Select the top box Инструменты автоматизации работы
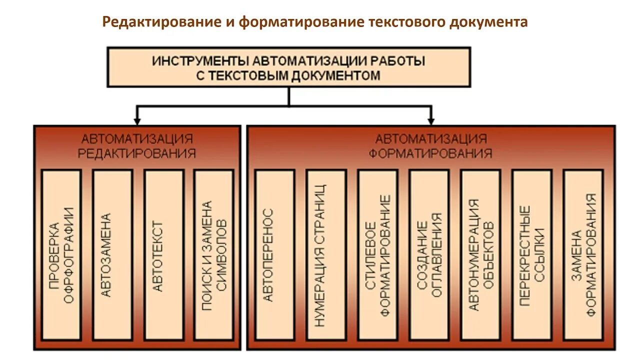[288, 67]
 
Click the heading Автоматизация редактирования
[136, 145]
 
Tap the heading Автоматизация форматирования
[430, 145]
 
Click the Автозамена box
[112, 255]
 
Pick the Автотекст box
[163, 255]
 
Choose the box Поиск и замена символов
[214, 255]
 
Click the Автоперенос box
[274, 255]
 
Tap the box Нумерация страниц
[326, 255]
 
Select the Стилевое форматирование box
[377, 255]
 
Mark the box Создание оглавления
[429, 255]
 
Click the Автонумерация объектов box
[480, 255]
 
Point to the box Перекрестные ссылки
[531, 255]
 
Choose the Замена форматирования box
[583, 255]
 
